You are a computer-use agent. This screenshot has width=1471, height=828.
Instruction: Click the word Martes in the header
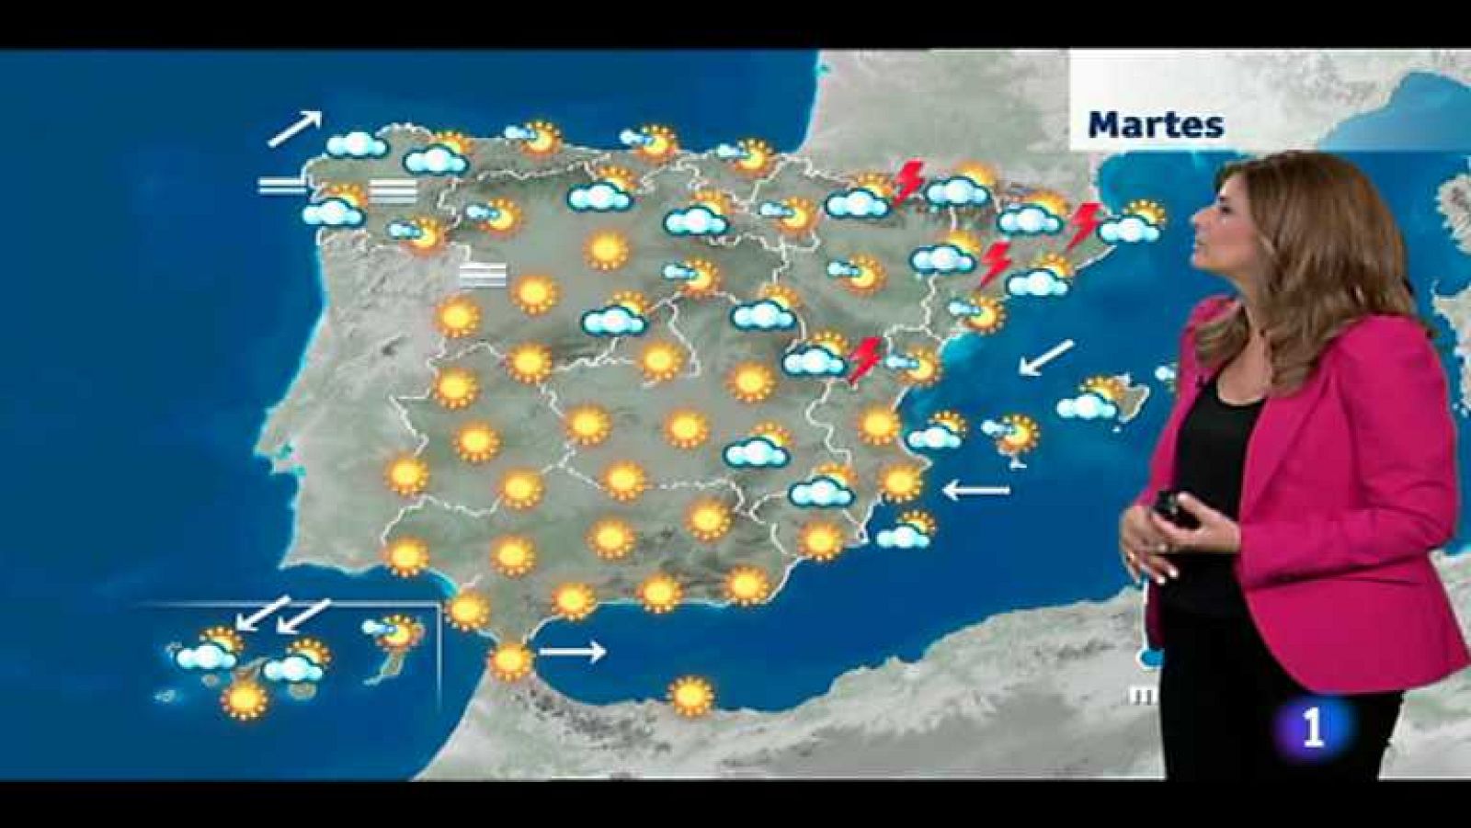coord(1156,124)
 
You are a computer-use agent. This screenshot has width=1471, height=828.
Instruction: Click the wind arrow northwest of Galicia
coord(295,128)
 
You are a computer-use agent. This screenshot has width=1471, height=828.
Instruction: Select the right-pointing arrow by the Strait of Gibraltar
coord(572,652)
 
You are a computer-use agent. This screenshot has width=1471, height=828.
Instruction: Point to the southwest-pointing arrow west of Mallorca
coord(1046,357)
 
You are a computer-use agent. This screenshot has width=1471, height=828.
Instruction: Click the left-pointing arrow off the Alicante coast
coord(976,491)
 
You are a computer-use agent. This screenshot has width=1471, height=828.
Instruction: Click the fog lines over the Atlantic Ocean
coord(282,187)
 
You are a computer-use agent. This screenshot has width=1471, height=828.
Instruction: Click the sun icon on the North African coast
coord(691,696)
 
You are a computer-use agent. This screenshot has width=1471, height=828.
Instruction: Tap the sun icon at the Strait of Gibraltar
coord(510,660)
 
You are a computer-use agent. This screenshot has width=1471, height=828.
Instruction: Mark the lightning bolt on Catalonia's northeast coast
coord(1085,223)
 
